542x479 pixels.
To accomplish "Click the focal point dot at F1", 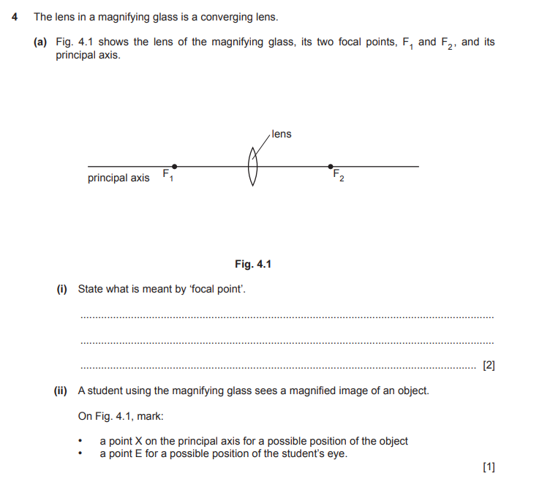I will (x=173, y=166).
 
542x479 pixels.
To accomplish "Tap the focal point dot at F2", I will (x=331, y=166).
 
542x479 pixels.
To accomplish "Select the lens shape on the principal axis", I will (x=254, y=167).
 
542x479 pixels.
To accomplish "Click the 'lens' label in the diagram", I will (x=282, y=134).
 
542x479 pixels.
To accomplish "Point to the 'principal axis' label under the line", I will (x=118, y=178).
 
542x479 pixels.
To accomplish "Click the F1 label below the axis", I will (x=168, y=176).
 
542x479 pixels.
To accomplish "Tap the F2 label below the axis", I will (x=338, y=176).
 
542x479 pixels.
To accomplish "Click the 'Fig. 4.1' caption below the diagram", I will (x=253, y=264).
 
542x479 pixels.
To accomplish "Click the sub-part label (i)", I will (x=62, y=289).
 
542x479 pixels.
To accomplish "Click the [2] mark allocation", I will (x=489, y=365).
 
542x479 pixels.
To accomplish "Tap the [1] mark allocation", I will (x=489, y=467).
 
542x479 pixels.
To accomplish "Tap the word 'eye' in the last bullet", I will (x=336, y=454).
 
